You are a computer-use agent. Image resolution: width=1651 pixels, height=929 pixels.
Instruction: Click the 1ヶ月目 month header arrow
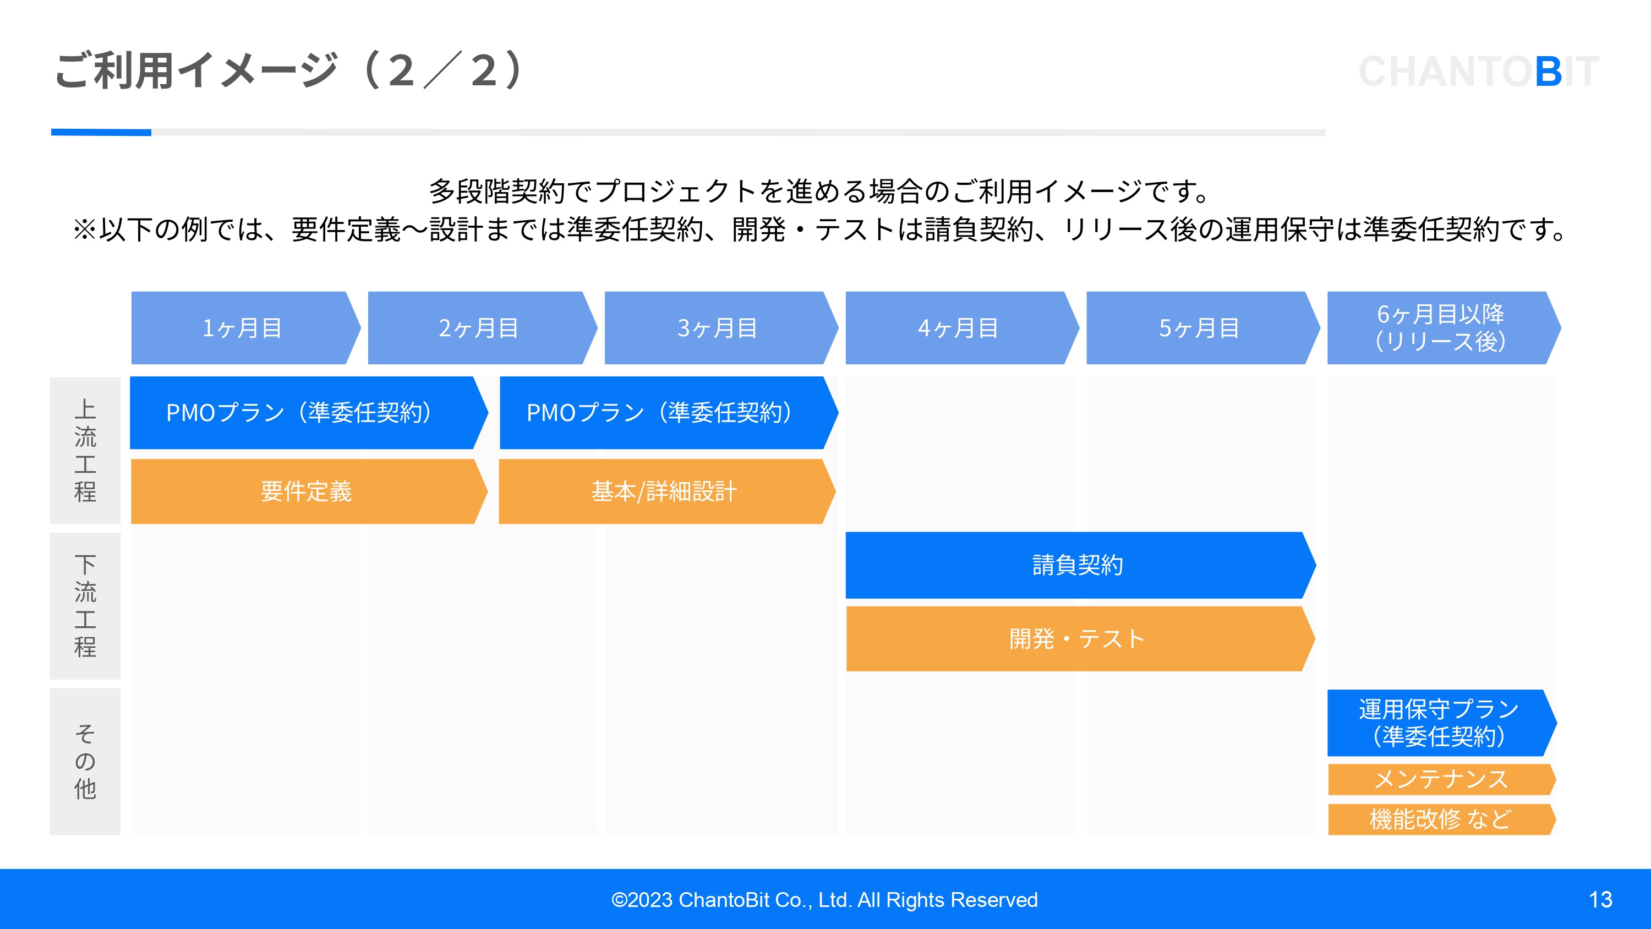244,327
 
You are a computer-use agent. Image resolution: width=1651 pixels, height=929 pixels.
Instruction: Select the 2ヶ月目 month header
479,327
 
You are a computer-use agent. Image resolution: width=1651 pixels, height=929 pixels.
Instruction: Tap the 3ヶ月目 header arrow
718,327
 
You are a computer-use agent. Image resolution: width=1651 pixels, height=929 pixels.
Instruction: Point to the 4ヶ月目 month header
959,327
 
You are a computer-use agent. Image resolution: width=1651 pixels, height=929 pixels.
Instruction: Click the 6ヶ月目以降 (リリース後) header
1441,327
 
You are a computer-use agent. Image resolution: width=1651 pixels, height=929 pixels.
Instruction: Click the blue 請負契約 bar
1078,565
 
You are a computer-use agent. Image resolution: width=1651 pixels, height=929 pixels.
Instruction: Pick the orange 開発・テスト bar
1078,638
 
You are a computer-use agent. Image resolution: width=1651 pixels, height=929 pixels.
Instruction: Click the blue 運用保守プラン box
1440,723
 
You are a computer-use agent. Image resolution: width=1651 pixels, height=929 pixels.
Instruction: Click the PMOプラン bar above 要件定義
300,412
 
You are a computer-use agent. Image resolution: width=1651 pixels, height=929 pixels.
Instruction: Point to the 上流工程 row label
85,450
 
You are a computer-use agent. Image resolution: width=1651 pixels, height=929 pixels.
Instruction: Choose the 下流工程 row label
85,606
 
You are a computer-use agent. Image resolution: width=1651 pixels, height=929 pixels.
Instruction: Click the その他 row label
85,761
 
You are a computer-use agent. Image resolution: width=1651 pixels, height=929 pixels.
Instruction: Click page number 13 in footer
1600,899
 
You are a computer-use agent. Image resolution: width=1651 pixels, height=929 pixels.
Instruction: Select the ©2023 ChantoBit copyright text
824,899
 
